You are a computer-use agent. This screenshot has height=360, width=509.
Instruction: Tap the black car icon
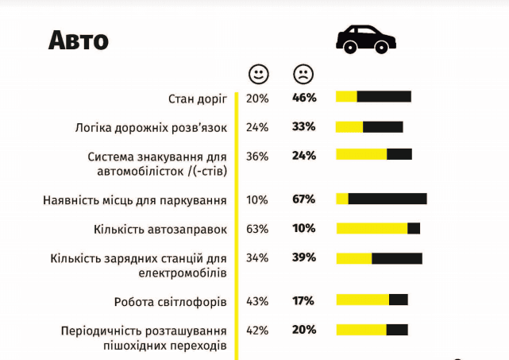pos(366,38)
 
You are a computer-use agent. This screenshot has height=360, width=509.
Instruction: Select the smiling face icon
pos(259,75)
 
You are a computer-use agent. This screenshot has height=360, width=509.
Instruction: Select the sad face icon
pos(303,75)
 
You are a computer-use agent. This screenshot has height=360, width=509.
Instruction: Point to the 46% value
pos(304,98)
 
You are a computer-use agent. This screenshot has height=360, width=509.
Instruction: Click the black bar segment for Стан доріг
pos(384,97)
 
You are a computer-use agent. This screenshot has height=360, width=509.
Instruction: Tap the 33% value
pos(304,126)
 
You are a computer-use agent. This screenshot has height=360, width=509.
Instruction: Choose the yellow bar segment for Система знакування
pos(361,154)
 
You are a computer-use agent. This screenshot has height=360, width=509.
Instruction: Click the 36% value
pos(257,156)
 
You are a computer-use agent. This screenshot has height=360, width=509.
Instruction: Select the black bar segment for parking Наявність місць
pos(388,199)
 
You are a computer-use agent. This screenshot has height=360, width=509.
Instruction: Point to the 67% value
pos(304,199)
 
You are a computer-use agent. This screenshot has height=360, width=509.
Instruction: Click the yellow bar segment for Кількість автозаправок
pos(372,228)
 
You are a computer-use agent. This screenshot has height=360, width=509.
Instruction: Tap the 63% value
pos(257,229)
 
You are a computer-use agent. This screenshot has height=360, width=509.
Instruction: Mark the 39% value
pos(304,257)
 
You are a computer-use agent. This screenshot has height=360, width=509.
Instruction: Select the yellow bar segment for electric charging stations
pos(354,257)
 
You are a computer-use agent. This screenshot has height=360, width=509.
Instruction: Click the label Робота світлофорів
pos(171,302)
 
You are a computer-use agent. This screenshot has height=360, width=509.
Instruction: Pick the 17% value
pos(304,301)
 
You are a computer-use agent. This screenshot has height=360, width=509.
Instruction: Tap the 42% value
pos(257,330)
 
